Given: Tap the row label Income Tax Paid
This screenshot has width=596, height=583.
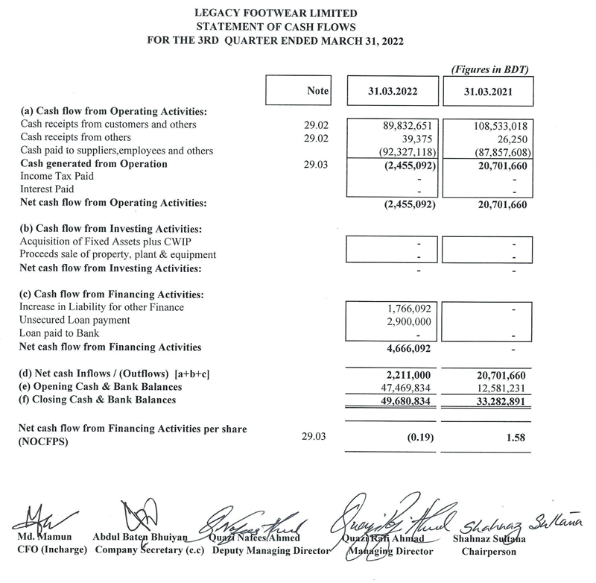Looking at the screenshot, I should coord(56,177).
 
